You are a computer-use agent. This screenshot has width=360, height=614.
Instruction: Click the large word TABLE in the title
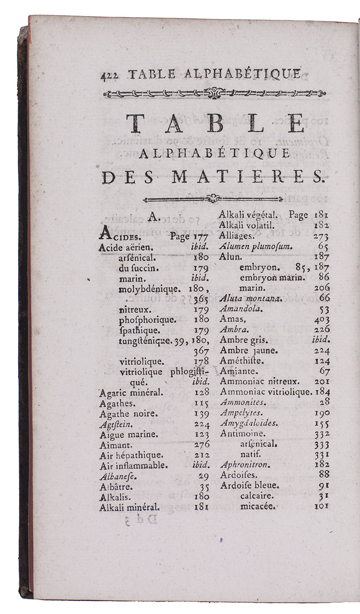click(215, 123)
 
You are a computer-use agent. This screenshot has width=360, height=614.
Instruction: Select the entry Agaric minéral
click(125, 393)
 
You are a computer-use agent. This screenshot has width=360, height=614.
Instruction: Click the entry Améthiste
click(242, 361)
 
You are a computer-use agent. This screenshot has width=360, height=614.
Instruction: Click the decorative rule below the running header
click(215, 93)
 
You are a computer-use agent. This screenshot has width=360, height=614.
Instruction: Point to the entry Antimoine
click(243, 433)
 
